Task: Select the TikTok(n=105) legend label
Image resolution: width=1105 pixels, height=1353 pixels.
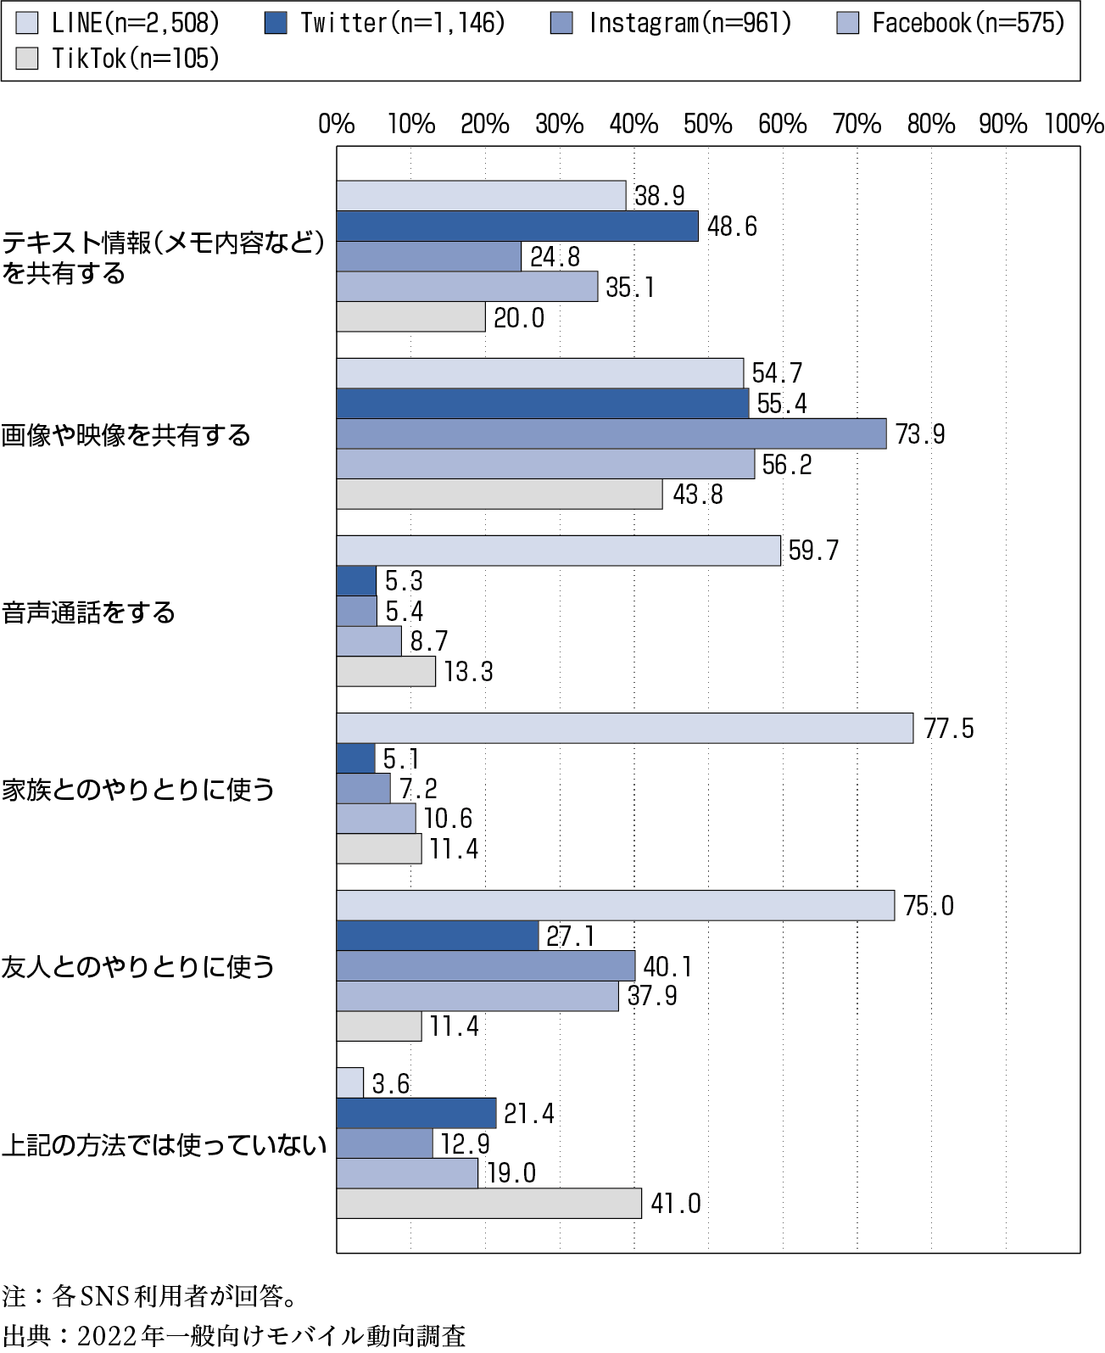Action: [136, 58]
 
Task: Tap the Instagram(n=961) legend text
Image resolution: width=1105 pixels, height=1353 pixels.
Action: [689, 23]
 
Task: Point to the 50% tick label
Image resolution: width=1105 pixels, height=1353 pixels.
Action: [707, 125]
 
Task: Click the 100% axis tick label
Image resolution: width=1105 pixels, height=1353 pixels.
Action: [1074, 125]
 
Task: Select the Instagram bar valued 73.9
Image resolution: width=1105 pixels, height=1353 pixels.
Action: [611, 434]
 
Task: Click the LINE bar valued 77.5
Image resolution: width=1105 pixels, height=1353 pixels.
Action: [624, 729]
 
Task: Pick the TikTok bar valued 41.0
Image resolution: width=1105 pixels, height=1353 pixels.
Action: [488, 1204]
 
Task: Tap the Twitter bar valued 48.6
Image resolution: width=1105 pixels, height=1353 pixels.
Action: [517, 226]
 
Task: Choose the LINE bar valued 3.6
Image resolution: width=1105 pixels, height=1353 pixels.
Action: [349, 1082]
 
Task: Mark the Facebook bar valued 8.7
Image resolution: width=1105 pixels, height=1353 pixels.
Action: [369, 641]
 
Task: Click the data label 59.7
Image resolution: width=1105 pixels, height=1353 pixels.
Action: [813, 551]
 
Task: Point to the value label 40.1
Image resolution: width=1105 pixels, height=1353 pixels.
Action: [668, 966]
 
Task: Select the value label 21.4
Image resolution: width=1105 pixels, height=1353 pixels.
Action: [529, 1113]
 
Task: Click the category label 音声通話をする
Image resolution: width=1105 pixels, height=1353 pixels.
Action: [89, 612]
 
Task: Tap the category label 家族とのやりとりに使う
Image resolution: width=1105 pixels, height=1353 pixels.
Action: [138, 789]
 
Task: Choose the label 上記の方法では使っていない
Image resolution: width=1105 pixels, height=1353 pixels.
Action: [164, 1145]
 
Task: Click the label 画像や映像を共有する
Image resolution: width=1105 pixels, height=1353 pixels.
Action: [126, 435]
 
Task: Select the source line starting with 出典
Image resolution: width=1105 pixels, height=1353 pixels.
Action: [234, 1335]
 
